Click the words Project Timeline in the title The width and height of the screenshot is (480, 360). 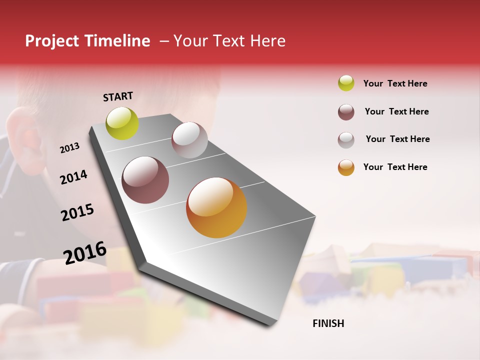[87, 41]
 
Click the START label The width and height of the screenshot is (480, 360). [118, 96]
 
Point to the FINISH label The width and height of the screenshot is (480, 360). [328, 323]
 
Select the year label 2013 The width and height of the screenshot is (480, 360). [70, 148]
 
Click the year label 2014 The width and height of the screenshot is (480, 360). [74, 177]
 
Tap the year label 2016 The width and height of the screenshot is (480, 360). [85, 252]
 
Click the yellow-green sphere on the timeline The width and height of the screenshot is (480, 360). [122, 123]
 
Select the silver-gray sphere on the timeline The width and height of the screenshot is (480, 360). [189, 140]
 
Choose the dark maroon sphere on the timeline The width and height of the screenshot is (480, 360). [145, 180]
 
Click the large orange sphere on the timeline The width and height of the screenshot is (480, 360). [216, 207]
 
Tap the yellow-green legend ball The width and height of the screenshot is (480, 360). [346, 83]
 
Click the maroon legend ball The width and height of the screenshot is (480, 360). [346, 112]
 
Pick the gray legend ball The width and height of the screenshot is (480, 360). [346, 139]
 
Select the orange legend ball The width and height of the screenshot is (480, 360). [346, 167]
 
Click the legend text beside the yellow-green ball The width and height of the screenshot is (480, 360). [395, 83]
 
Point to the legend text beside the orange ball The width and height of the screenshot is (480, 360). [395, 167]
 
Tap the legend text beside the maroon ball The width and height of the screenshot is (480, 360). [396, 111]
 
